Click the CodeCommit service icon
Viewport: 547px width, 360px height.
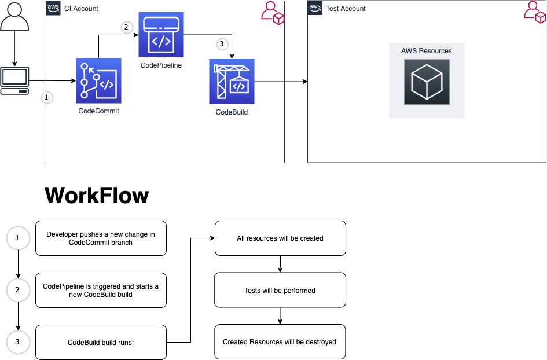[x=98, y=80]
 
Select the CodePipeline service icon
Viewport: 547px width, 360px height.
[x=161, y=35]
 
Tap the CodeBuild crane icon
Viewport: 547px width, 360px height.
[x=232, y=82]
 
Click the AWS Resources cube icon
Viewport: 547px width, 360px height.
[x=427, y=82]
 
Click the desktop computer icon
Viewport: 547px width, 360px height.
[x=15, y=81]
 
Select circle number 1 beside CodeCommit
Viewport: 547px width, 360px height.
[x=47, y=97]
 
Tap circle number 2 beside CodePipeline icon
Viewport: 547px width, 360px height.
[x=127, y=27]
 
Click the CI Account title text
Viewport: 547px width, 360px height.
[x=81, y=9]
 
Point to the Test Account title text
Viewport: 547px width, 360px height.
[x=346, y=9]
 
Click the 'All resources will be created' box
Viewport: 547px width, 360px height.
[x=280, y=238]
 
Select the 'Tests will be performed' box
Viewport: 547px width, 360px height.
[x=280, y=290]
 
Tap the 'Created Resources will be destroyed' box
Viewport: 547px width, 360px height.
[x=280, y=342]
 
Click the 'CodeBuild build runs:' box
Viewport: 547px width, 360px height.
[x=101, y=342]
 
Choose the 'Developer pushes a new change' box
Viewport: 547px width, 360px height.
[x=101, y=238]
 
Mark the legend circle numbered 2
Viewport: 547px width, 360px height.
[x=17, y=290]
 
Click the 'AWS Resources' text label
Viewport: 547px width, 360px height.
[x=427, y=51]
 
